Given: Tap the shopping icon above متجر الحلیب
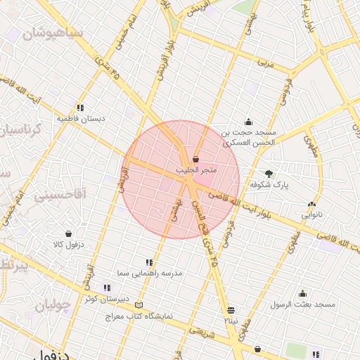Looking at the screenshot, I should pyautogui.click(x=195, y=160).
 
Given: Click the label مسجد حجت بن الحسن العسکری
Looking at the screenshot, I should pyautogui.click(x=250, y=136).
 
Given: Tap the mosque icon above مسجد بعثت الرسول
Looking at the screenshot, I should pyautogui.click(x=303, y=293).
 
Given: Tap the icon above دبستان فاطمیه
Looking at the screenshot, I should pyautogui.click(x=81, y=108).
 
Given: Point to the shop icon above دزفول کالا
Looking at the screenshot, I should pyautogui.click(x=68, y=233).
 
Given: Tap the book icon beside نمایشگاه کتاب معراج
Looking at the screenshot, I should pyautogui.click(x=139, y=305).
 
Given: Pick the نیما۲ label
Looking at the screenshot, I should pyautogui.click(x=231, y=320).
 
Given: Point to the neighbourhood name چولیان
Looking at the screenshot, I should pyautogui.click(x=53, y=306).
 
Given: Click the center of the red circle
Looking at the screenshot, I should pyautogui.click(x=181, y=180).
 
